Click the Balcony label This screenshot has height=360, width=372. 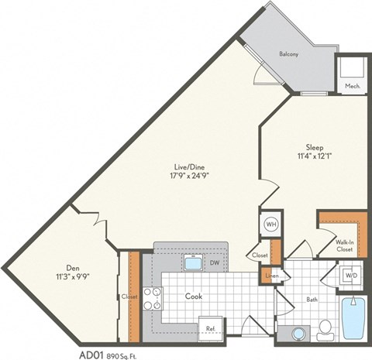click(x=291, y=54)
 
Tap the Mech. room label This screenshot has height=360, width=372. click(x=350, y=85)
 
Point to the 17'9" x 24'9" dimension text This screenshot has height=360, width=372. click(x=189, y=176)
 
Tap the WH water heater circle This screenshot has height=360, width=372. click(x=272, y=225)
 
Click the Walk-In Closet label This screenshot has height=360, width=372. click(x=345, y=245)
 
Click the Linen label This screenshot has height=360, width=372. click(x=271, y=276)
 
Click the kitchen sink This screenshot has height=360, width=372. click(x=192, y=263)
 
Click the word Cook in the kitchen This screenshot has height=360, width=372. click(x=194, y=296)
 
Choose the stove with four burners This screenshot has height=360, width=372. click(x=153, y=298)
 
